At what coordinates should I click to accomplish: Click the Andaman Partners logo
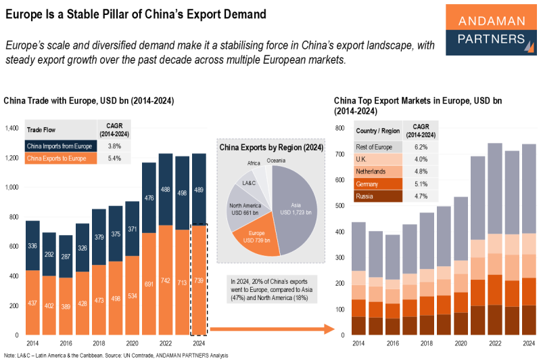[x=488, y=29]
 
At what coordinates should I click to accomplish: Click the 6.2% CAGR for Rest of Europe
[x=421, y=146]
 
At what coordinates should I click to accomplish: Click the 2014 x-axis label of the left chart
[x=32, y=343]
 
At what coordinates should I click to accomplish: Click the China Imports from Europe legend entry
[x=60, y=146]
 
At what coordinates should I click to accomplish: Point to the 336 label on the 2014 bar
[x=32, y=246]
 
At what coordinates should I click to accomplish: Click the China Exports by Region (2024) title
[x=270, y=147]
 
